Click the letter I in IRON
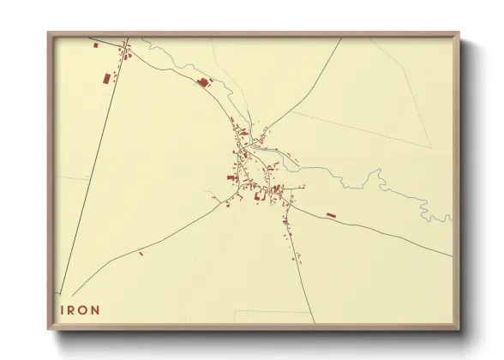click(62, 310)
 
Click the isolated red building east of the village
click(331, 215)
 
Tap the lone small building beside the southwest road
click(141, 254)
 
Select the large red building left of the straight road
click(106, 79)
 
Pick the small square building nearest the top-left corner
click(95, 43)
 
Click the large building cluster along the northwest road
click(204, 82)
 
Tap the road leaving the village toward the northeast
click(300, 94)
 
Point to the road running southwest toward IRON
click(146, 240)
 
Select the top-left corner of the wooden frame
click(50, 34)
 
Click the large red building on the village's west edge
click(231, 177)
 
